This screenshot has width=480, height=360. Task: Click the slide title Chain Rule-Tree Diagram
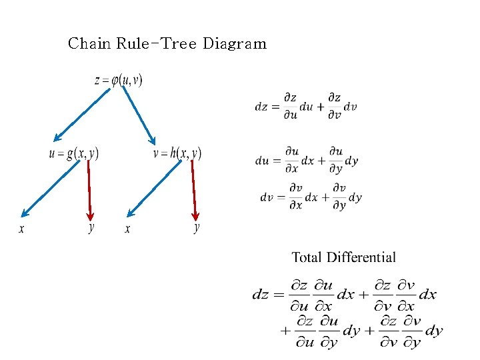coord(167,44)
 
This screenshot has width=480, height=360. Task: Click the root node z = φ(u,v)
coord(119,80)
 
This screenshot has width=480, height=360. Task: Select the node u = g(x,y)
coord(73,154)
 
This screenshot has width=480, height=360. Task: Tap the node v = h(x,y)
coord(177,154)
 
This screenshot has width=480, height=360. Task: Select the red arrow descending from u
coord(89,190)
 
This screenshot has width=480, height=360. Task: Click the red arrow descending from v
coord(194,190)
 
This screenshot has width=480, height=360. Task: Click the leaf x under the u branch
coord(21,229)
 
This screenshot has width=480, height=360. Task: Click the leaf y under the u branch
coord(91,228)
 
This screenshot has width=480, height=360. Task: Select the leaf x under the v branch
coord(127,229)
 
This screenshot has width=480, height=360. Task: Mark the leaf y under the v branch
coord(197,228)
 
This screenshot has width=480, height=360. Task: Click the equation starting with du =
coord(307,160)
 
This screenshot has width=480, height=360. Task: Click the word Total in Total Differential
coord(307,257)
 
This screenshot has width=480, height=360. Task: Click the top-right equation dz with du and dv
coord(305,107)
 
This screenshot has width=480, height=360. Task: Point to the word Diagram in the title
coord(234,44)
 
